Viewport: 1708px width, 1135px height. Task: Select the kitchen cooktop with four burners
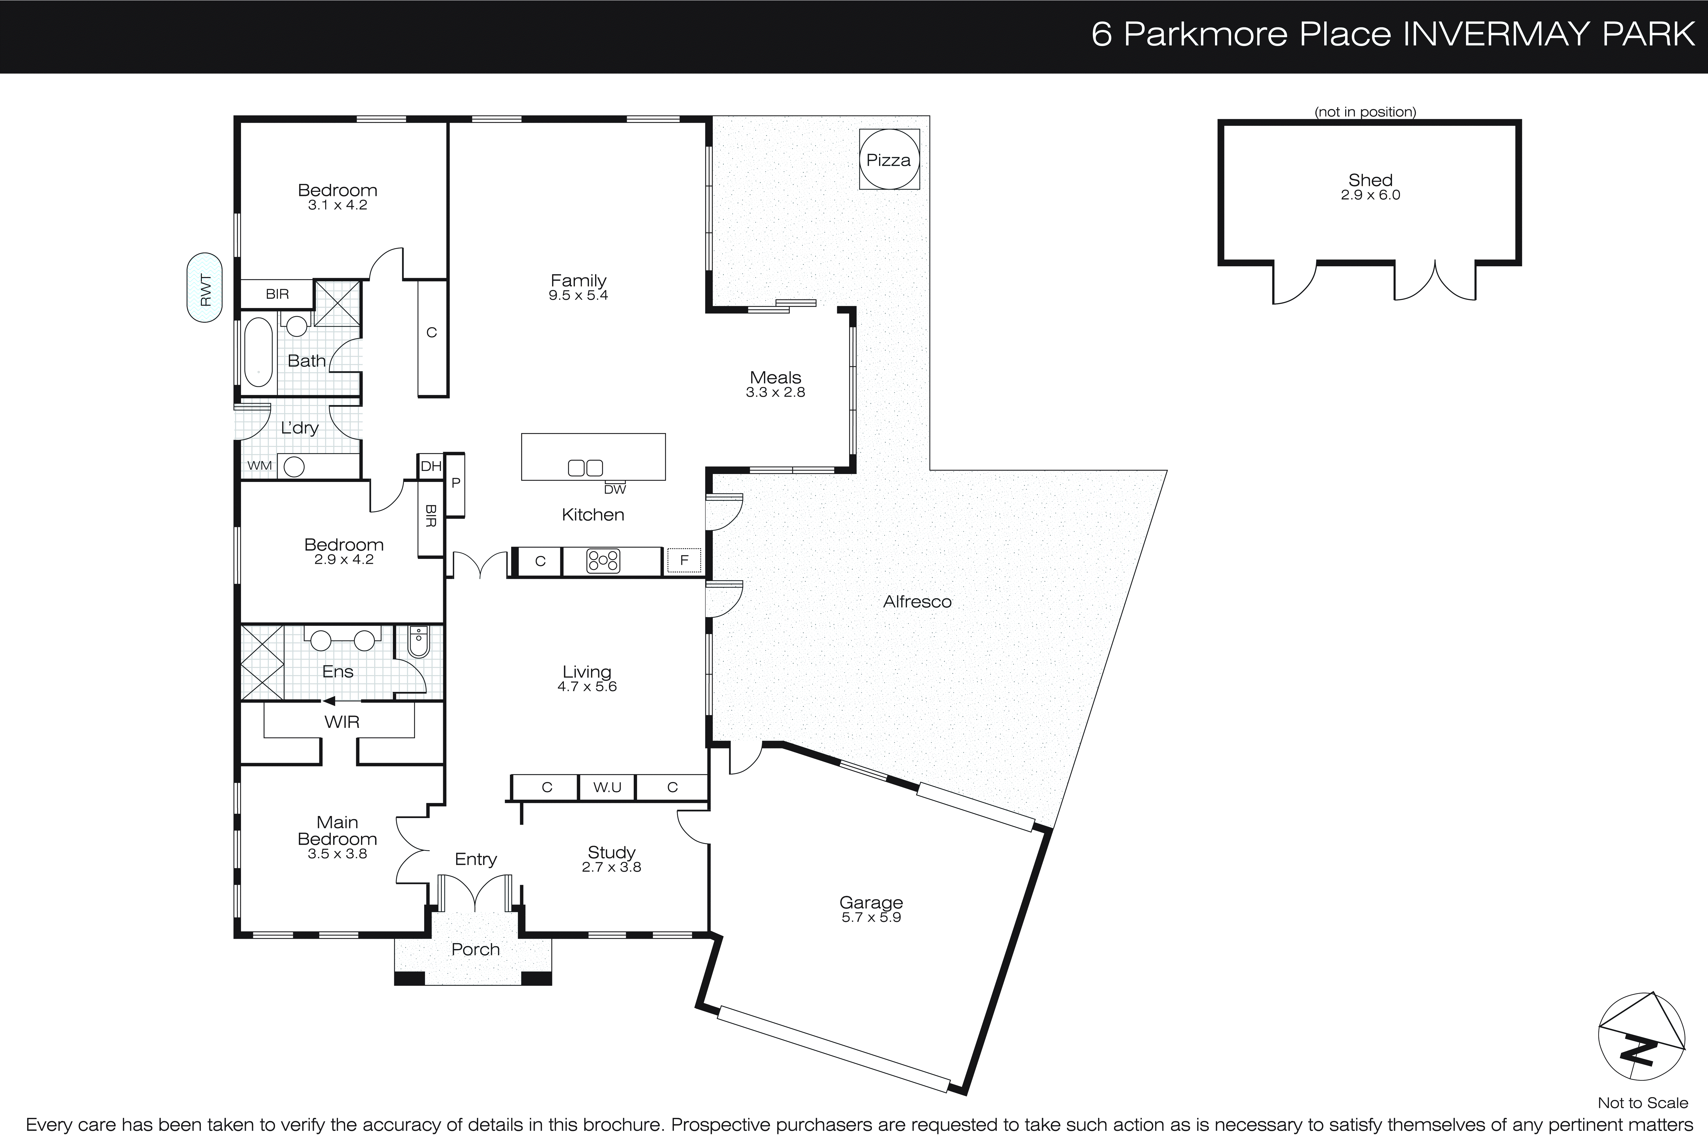(x=603, y=561)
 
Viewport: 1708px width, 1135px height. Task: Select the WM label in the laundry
(x=259, y=466)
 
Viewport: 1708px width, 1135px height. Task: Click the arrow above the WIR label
(x=330, y=701)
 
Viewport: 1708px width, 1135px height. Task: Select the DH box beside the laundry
(x=431, y=466)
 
